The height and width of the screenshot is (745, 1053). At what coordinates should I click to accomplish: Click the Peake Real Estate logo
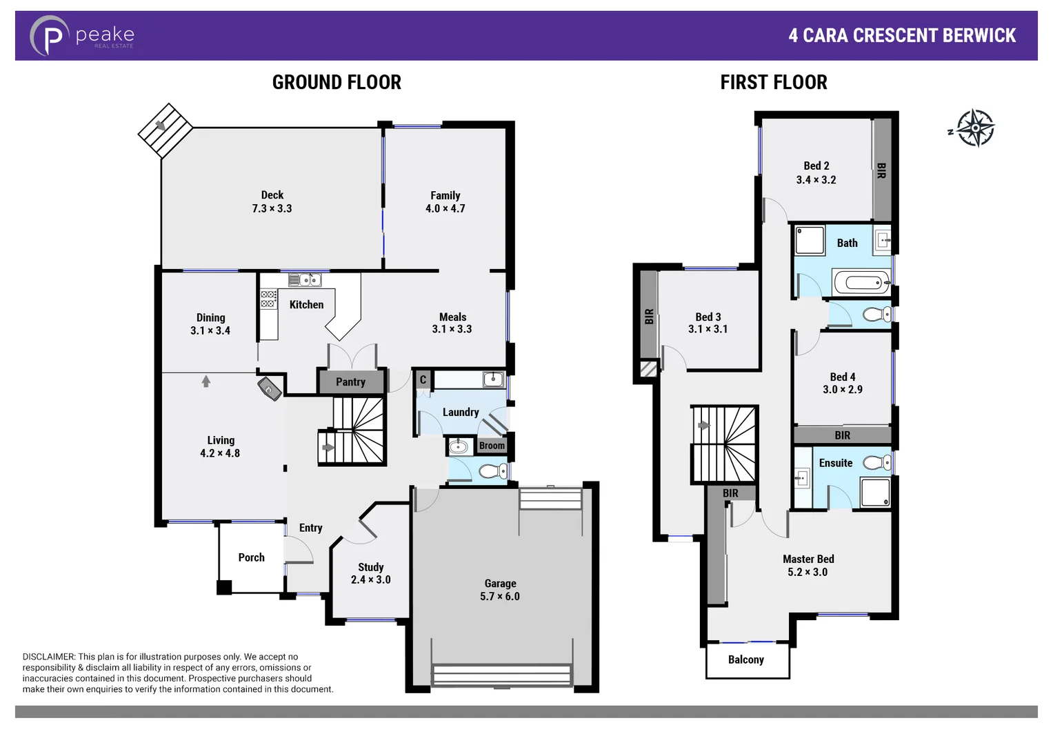[81, 36]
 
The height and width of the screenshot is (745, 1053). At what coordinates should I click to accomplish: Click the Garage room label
[500, 584]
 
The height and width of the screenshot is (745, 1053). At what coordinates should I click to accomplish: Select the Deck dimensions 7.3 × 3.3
[272, 208]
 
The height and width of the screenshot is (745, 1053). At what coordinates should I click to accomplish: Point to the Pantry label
[350, 382]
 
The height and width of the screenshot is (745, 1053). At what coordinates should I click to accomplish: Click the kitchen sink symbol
[304, 280]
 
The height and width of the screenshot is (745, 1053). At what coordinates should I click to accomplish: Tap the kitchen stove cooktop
[268, 299]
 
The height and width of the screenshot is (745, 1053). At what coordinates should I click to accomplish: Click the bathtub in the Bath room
[862, 282]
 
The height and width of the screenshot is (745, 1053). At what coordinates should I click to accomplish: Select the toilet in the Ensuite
[877, 462]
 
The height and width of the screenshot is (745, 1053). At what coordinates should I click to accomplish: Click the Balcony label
[746, 660]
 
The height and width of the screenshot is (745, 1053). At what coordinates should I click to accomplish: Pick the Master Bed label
[808, 559]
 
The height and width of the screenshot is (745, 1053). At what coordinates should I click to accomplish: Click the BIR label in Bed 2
[881, 171]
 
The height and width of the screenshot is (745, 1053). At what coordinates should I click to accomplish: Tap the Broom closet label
[492, 446]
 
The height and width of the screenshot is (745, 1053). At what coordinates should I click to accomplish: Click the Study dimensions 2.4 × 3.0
[370, 580]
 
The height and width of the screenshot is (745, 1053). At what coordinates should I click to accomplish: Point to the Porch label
[251, 557]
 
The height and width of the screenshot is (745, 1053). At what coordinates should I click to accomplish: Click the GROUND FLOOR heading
[337, 83]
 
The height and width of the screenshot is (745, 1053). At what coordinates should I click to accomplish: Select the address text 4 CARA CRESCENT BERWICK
[902, 36]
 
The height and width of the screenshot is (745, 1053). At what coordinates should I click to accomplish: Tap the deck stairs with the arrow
[165, 130]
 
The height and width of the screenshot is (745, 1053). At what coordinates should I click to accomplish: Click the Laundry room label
[461, 413]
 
